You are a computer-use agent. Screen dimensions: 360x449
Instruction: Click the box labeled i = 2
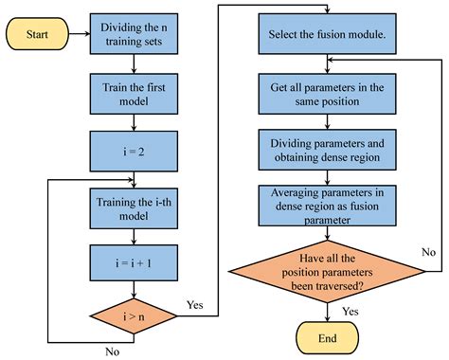tap(134, 149)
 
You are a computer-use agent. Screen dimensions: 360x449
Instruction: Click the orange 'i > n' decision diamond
tap(134, 308)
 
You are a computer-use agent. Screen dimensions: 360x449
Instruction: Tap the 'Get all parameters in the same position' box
tap(327, 95)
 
